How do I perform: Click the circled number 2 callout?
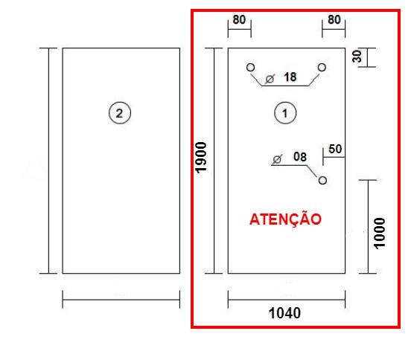[120, 113]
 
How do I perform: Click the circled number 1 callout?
[285, 113]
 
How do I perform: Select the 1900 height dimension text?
[201, 158]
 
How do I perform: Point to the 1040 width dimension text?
[284, 313]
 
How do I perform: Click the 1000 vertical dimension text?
[380, 234]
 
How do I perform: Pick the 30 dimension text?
[357, 57]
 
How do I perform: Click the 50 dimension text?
[335, 149]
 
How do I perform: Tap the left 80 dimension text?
[239, 19]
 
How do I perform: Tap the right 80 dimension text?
[334, 19]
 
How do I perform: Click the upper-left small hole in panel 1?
[251, 67]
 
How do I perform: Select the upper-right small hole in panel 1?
[322, 67]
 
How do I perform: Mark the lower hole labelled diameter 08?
[322, 180]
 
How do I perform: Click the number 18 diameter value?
[290, 77]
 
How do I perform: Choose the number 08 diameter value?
[300, 157]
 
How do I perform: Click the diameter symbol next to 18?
[270, 79]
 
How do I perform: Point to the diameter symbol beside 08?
[277, 159]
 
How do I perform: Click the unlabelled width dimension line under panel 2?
[121, 300]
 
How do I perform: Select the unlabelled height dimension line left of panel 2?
[48, 161]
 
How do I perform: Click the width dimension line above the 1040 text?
[287, 300]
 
